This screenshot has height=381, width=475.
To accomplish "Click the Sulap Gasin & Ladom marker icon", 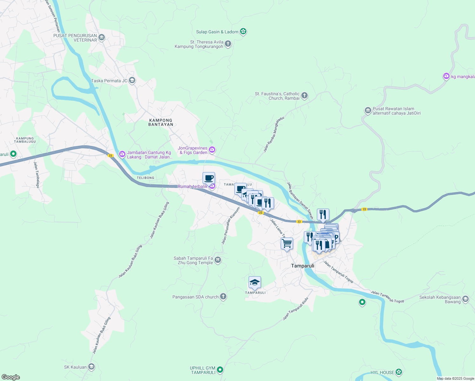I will tap(243, 31).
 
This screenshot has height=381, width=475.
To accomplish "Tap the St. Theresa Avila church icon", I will tap(228, 44).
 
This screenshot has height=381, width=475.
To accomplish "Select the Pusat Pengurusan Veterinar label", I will tap(75, 38).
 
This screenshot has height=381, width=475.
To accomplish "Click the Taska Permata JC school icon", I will tap(132, 80).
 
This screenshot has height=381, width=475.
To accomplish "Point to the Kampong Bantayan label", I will tap(161, 122).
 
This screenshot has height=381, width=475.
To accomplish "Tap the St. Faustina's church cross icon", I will tap(304, 96).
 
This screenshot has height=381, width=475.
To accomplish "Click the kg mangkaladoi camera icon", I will tap(446, 76).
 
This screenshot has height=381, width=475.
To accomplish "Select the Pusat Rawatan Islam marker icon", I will tap(368, 110).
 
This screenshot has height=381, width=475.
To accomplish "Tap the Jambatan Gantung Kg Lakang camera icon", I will tap(122, 154).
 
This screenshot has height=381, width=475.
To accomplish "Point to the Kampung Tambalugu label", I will tap(25, 140).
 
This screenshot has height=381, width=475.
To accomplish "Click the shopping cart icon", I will tap(287, 244).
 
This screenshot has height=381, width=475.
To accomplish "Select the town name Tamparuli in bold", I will tap(303, 266).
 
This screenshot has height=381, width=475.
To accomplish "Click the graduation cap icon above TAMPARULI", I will tap(255, 282).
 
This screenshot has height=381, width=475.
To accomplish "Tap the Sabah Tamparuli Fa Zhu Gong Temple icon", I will tap(218, 260).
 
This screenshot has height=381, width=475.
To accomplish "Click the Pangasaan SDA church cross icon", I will tap(223, 297).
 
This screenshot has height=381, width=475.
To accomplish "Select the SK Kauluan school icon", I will tap(91, 367).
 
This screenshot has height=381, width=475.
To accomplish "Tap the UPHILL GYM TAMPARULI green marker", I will tap(220, 370).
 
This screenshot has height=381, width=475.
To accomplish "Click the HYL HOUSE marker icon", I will tap(399, 372).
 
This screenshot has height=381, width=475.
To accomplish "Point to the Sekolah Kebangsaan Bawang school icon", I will tap(465, 299).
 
